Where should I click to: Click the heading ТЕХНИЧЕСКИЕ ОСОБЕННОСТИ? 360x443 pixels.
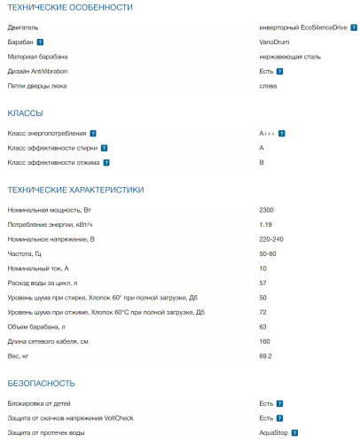[x=69, y=7]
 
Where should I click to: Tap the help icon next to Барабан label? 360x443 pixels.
[x=41, y=42]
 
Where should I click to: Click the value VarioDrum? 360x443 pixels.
[x=274, y=42]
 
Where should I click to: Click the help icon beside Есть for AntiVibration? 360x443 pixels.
[x=279, y=71]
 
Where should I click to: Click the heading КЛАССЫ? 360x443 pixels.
[x=25, y=113]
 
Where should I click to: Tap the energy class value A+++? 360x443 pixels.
[x=268, y=133]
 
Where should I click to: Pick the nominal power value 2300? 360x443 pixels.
[x=266, y=210]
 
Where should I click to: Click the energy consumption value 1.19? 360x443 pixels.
[x=265, y=224]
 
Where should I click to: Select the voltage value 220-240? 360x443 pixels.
[x=271, y=238]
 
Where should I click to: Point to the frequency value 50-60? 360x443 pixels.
[x=268, y=253]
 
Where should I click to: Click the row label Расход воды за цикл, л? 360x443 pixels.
[x=48, y=283]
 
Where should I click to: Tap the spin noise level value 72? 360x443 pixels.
[x=262, y=312]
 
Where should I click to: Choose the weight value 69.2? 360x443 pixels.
[x=265, y=355]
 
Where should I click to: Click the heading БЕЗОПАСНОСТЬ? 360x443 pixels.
[x=43, y=384]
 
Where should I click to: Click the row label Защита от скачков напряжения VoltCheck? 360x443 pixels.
[x=70, y=417]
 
